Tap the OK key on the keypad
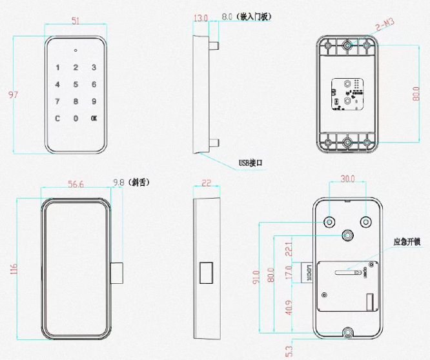[94, 118]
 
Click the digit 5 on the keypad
[76, 84]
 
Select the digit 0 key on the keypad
[76, 118]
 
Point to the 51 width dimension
[76, 21]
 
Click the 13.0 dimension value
[201, 18]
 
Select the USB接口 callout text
[251, 163]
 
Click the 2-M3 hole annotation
[385, 25]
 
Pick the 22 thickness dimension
[207, 183]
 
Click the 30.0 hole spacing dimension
[348, 179]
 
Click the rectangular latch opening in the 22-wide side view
[207, 272]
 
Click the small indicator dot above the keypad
[76, 50]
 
